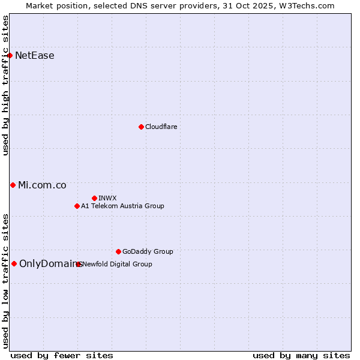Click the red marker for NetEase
10,56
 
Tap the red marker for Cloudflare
141,127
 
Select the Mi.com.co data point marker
13,185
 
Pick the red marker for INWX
94,198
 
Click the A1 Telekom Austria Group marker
77,206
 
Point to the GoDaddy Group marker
118,251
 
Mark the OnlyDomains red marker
14,263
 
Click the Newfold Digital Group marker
79,264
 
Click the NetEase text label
35,56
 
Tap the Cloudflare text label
161,127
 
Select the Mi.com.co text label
42,185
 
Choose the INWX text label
107,198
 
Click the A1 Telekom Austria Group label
122,206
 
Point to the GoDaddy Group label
148,251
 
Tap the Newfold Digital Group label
118,264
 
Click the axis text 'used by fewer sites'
62,355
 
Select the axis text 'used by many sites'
301,355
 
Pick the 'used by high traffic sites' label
6,85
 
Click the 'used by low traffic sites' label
6,280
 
